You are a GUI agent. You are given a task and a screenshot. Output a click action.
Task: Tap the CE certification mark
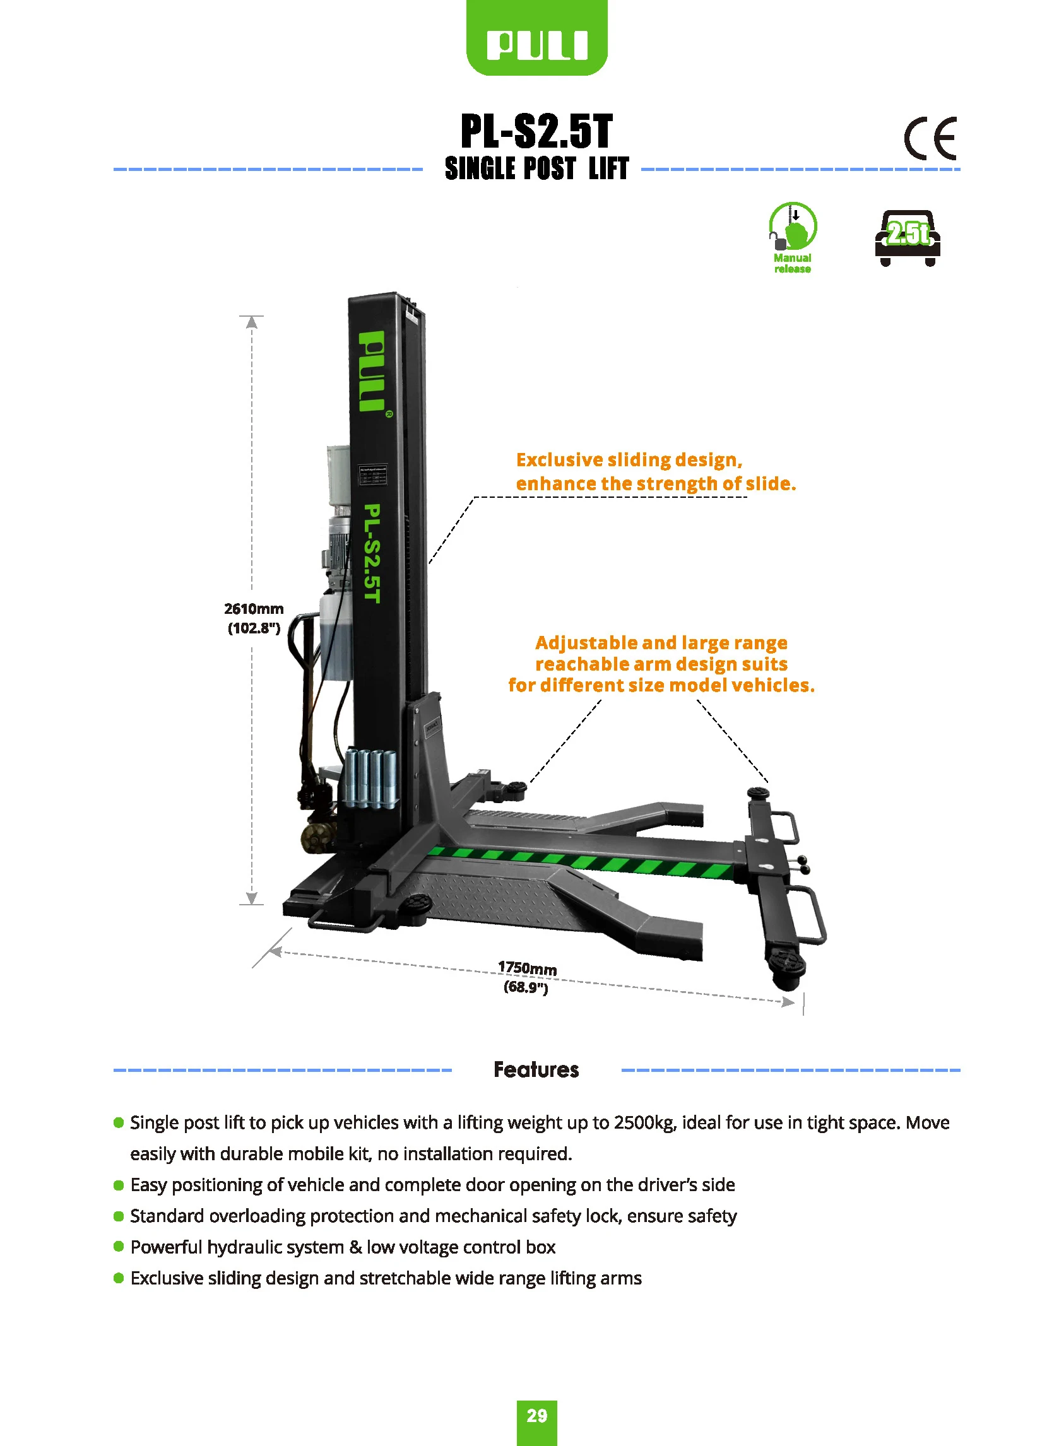point(930,138)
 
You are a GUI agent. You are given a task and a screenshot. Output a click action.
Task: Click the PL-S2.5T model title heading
point(536,131)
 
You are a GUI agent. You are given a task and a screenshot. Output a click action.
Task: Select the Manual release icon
point(792,238)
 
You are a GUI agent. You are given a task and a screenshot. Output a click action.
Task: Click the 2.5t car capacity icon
point(907,238)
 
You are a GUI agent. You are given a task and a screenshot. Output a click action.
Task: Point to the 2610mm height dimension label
point(254,618)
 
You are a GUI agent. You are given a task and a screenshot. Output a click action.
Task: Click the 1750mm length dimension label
point(527,977)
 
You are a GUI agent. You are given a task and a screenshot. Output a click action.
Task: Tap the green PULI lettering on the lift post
point(371,371)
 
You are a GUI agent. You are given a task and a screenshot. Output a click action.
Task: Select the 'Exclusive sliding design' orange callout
point(655,471)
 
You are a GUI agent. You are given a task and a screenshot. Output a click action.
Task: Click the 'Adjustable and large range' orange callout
point(661,664)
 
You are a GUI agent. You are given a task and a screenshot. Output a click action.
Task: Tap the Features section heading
point(536,1069)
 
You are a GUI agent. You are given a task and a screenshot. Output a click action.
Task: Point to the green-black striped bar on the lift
point(580,861)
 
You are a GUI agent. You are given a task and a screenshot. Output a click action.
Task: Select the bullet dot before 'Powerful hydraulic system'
point(119,1246)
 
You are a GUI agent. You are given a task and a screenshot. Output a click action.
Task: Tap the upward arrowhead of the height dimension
point(252,322)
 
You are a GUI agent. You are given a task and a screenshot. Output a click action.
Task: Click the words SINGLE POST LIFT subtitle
point(536,168)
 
